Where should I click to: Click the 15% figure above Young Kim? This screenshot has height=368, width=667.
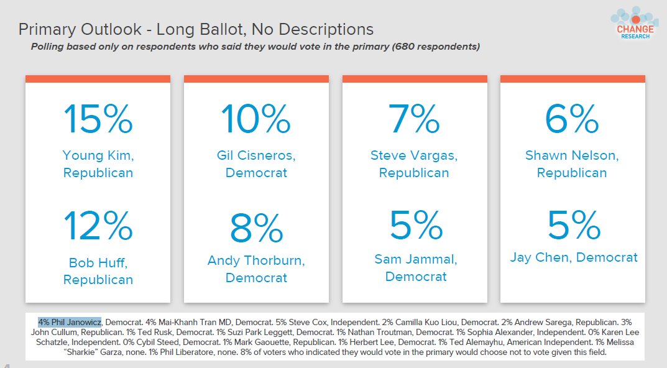[98, 119]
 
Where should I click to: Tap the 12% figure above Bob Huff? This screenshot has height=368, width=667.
[98, 226]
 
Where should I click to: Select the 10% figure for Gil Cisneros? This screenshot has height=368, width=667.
[256, 119]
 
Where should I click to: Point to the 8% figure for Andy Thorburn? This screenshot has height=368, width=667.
[257, 228]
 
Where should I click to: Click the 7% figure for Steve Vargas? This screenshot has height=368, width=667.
[414, 119]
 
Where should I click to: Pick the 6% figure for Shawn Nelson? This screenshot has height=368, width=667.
[572, 119]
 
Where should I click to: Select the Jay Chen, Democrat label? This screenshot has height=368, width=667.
[574, 257]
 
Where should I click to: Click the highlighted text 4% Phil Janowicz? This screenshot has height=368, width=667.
[70, 322]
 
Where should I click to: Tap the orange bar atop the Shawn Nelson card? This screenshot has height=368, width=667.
[573, 79]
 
